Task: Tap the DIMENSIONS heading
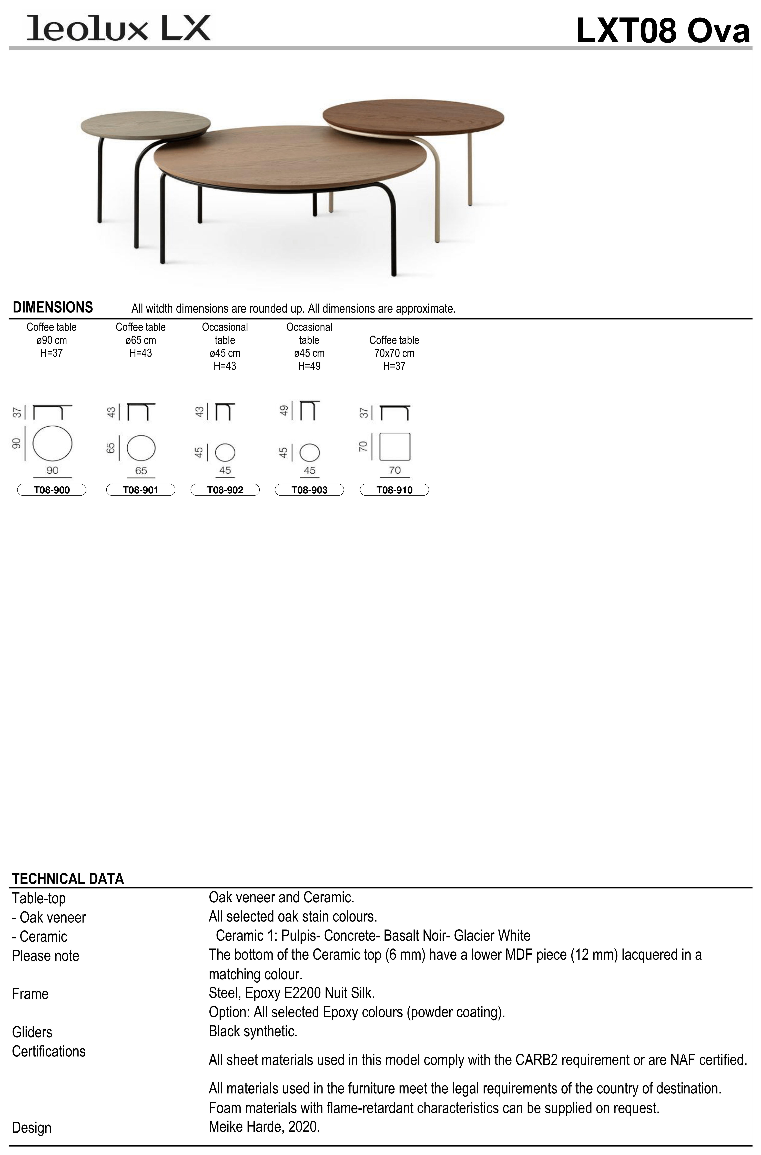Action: tap(53, 307)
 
